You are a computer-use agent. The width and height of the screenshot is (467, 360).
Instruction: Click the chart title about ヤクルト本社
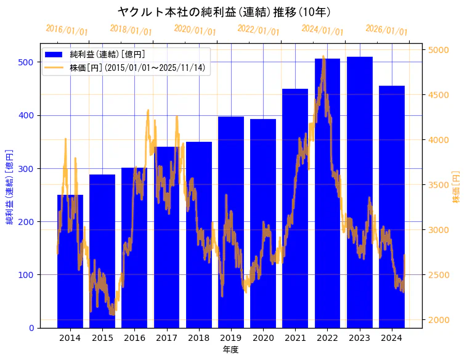click(224, 12)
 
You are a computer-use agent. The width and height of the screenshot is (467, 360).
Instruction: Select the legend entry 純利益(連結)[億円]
click(107, 55)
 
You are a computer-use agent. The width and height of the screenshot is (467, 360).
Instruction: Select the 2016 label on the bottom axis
click(134, 338)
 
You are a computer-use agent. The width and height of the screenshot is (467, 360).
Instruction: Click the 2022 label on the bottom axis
click(327, 338)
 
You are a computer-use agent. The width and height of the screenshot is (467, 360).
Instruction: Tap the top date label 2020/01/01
click(195, 30)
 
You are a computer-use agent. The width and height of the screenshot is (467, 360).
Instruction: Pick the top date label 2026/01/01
click(386, 30)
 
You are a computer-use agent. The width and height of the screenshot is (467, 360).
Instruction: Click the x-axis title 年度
click(230, 350)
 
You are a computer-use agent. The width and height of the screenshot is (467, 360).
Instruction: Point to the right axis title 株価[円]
click(457, 187)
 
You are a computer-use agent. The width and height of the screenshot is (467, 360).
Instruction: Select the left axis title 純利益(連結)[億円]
click(10, 186)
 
